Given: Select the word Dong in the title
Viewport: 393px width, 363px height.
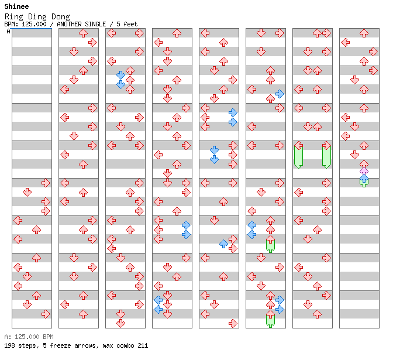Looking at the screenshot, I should click(x=60, y=17).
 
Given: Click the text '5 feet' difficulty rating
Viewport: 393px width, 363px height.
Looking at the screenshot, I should click(x=126, y=25).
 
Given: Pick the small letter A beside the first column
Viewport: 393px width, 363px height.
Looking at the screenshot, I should click(x=8, y=31).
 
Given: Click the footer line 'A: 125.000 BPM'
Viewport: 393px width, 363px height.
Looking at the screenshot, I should click(x=29, y=337).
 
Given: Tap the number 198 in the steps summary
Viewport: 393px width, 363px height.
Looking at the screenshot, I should click(x=10, y=345).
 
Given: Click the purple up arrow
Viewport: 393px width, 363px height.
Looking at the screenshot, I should click(x=364, y=173).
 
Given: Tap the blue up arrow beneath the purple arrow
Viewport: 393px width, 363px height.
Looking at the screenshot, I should click(x=364, y=179).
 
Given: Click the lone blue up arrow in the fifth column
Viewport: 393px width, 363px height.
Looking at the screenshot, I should click(x=223, y=244).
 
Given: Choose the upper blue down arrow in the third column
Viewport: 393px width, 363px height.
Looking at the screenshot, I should click(x=120, y=75).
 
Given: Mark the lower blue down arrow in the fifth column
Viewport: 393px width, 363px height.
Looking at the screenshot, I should click(x=214, y=159).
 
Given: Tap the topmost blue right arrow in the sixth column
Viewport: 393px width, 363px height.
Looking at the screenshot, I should click(x=280, y=94).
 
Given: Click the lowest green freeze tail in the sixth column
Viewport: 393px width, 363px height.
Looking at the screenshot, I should click(x=270, y=320).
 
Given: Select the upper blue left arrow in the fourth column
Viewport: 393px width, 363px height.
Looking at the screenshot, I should click(x=158, y=300).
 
